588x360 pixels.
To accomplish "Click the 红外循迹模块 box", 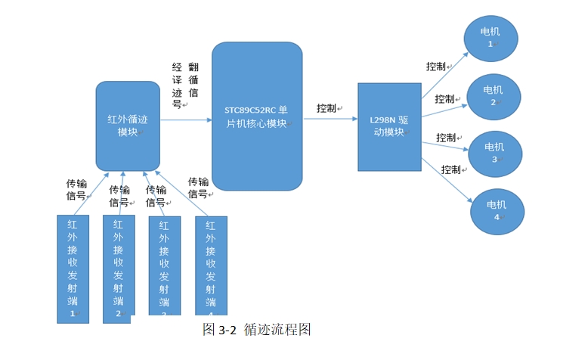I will click(x=128, y=125).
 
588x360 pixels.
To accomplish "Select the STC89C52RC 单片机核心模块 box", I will click(x=256, y=116).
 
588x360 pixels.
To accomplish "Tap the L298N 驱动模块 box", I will click(x=389, y=126).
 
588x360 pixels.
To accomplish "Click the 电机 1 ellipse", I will click(x=491, y=37).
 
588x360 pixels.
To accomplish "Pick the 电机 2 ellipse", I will click(x=494, y=96).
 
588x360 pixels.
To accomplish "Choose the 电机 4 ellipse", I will click(x=497, y=211).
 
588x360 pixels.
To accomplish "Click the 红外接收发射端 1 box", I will click(x=73, y=268).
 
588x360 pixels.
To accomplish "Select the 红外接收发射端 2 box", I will click(x=119, y=268).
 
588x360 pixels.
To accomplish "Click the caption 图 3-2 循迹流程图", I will click(x=257, y=330).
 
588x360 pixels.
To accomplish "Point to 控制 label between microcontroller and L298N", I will click(x=327, y=108).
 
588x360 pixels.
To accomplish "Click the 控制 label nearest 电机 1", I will click(x=436, y=67).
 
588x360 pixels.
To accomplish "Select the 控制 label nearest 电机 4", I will click(x=451, y=169).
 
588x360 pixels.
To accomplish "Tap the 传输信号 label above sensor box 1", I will click(x=76, y=190).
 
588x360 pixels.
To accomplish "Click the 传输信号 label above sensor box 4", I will click(x=198, y=188).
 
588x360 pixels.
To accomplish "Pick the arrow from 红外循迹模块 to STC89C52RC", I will click(x=185, y=119).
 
